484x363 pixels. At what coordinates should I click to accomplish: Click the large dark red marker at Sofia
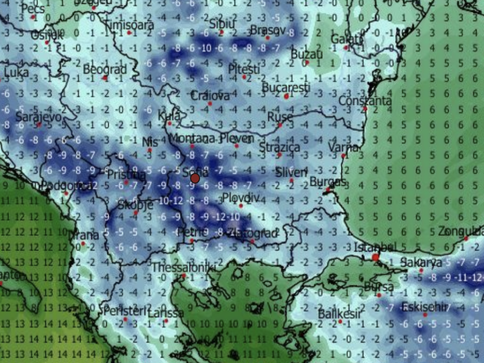(x=195, y=178)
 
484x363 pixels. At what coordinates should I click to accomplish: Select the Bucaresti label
(x=286, y=88)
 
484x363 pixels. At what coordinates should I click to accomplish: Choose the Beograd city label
(x=105, y=69)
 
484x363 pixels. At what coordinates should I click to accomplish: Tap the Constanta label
(x=365, y=101)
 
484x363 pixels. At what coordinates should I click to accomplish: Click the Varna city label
(x=344, y=147)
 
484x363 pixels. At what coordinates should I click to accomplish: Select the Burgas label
(x=328, y=182)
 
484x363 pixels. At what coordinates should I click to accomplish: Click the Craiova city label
(x=210, y=95)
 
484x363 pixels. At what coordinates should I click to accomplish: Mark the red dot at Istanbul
(x=375, y=258)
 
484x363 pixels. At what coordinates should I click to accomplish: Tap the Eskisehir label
(x=424, y=307)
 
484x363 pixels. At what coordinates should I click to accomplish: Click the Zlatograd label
(x=251, y=233)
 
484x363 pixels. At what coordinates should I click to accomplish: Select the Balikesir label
(x=339, y=314)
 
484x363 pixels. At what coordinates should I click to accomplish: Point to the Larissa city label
(x=165, y=313)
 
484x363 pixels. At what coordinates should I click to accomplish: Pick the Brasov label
(x=268, y=30)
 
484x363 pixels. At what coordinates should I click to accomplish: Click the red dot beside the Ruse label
(x=280, y=125)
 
